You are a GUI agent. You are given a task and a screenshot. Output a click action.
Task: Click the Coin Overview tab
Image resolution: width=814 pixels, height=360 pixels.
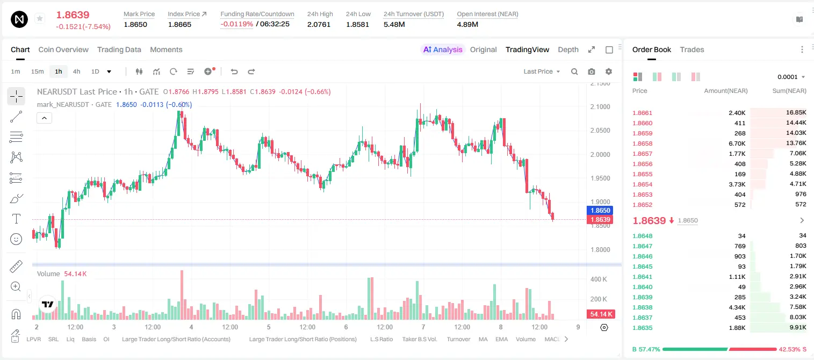point(63,49)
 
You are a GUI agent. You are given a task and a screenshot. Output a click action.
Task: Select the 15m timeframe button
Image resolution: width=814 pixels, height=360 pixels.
point(37,71)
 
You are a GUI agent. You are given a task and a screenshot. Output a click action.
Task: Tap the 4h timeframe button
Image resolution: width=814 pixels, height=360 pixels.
point(76,71)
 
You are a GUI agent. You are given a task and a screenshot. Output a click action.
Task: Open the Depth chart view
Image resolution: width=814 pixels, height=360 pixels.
point(568,49)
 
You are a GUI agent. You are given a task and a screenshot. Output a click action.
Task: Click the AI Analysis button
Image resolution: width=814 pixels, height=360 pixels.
point(443,49)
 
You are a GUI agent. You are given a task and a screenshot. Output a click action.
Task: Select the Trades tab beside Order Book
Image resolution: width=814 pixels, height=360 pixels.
point(692,49)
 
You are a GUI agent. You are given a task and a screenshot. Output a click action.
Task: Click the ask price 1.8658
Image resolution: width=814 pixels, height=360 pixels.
point(642,143)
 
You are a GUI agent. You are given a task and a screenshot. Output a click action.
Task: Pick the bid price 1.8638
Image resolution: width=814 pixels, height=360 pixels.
point(642,307)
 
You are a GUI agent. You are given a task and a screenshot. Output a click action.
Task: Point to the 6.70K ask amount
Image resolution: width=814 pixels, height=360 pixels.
point(737,143)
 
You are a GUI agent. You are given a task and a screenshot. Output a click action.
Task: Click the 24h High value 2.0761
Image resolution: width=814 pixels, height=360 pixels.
point(319,24)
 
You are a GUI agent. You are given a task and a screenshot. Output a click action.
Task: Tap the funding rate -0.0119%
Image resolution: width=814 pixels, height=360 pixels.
point(236,24)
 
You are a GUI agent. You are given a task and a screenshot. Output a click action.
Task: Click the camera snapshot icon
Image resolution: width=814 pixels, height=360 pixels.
point(592,71)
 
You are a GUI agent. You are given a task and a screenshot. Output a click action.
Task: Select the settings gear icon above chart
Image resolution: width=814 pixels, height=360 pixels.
point(609,71)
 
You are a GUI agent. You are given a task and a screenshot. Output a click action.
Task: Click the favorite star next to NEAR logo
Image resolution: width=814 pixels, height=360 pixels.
point(40,18)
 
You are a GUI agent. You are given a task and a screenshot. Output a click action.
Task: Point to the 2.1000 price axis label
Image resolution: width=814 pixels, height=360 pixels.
point(600,107)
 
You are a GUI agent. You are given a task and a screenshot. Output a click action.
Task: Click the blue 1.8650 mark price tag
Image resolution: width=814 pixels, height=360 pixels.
point(600,210)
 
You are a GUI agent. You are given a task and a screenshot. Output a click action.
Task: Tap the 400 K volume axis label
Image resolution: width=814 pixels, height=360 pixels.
point(599,279)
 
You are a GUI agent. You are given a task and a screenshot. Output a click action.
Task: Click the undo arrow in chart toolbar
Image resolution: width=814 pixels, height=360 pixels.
point(234,71)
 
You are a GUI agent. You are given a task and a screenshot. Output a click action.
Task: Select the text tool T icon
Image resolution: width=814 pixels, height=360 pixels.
point(16,219)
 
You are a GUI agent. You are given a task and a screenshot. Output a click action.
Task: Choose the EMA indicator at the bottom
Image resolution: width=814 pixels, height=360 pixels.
point(501,339)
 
